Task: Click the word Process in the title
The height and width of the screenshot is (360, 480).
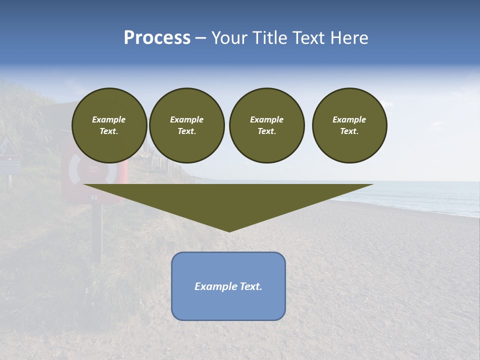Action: click(157, 38)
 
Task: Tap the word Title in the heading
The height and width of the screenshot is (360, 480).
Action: click(269, 38)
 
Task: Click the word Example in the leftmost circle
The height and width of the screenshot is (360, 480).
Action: click(109, 119)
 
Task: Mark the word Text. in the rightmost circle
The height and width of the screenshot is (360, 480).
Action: click(349, 131)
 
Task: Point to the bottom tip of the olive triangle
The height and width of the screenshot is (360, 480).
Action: click(229, 230)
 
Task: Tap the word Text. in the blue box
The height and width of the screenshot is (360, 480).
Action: click(251, 286)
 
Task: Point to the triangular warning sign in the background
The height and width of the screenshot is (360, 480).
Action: click(7, 145)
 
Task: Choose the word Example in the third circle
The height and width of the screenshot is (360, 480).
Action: click(267, 119)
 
